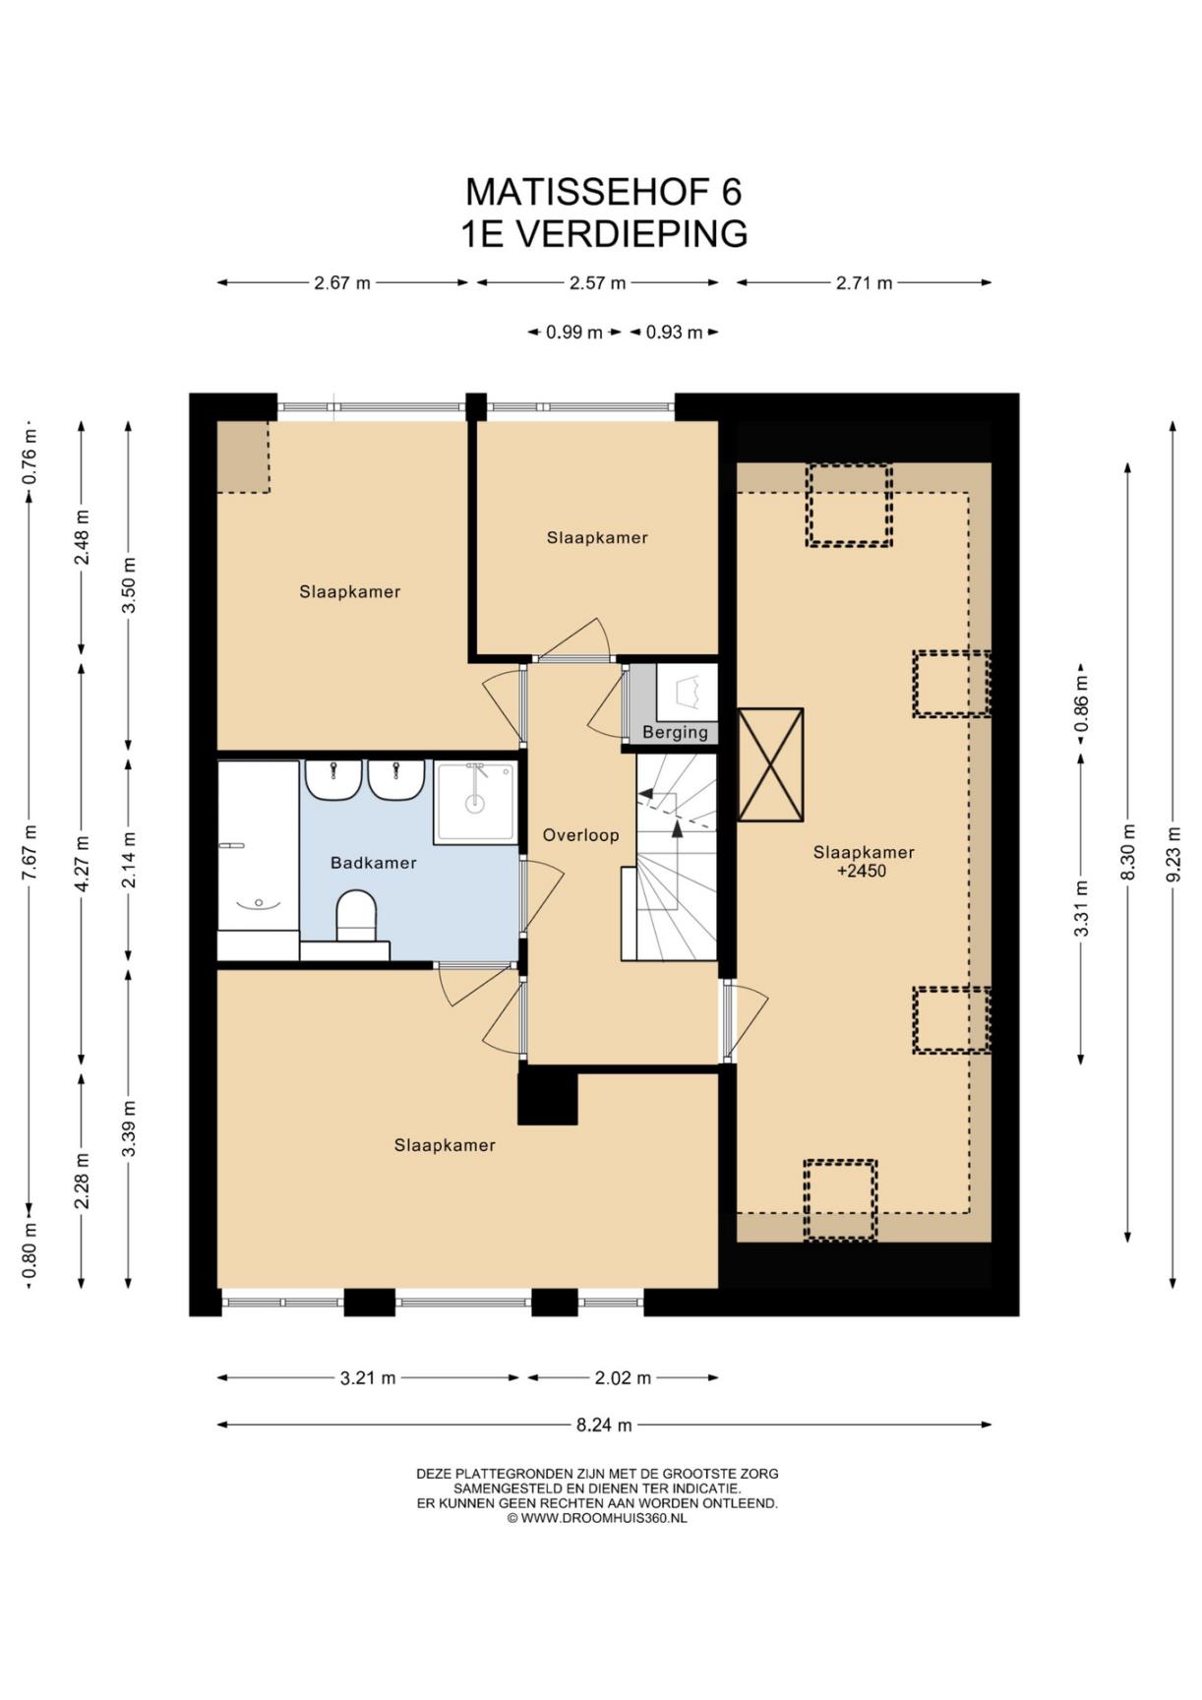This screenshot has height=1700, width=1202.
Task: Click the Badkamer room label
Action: pos(374,863)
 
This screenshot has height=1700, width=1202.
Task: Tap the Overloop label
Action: pos(581,835)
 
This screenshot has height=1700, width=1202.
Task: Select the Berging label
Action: pos(675,732)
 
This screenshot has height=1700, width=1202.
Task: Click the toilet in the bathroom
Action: pos(356,916)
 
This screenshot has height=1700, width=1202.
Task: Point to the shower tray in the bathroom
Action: pos(475,803)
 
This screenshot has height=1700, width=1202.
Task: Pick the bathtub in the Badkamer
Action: pos(258,846)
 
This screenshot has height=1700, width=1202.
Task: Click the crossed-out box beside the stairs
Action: pos(770,764)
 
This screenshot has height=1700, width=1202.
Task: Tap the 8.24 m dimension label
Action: pos(604,1424)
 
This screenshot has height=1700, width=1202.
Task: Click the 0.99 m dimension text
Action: pos(574,333)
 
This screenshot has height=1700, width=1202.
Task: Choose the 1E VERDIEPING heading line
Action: pos(604,234)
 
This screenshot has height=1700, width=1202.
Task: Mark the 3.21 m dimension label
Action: pos(368,1378)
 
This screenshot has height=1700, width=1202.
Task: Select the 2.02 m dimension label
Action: pos(623,1378)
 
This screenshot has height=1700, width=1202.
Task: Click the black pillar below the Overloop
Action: pos(548,1096)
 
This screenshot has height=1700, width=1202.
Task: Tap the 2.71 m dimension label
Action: pos(865,283)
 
